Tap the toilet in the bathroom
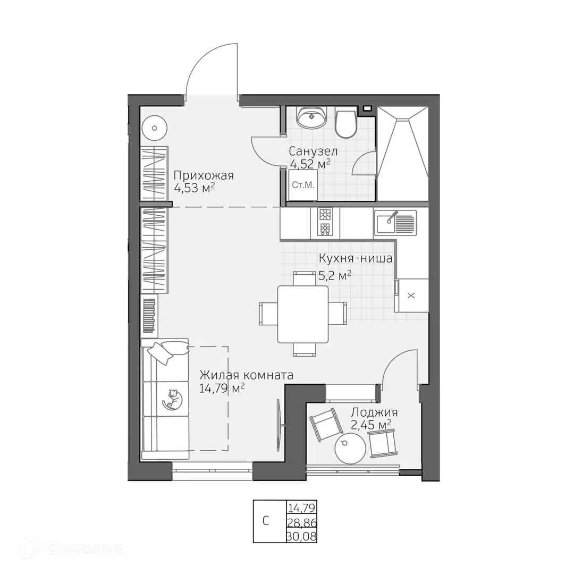pos(346,123)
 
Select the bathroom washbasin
pos(311,117)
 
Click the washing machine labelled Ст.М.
pos(303,185)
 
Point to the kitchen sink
pos(395,223)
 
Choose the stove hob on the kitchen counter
pos(325,223)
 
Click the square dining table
pos(303,314)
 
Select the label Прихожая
pos(204,176)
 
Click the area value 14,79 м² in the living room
pos(222,388)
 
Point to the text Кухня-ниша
pos(356,258)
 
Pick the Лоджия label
pos(374,413)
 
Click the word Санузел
pos(313,151)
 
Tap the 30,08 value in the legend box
pos(302,536)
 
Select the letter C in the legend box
pos(266,520)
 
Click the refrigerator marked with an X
pos(411,296)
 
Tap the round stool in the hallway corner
pos(155,128)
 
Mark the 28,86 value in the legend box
pos(302,522)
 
